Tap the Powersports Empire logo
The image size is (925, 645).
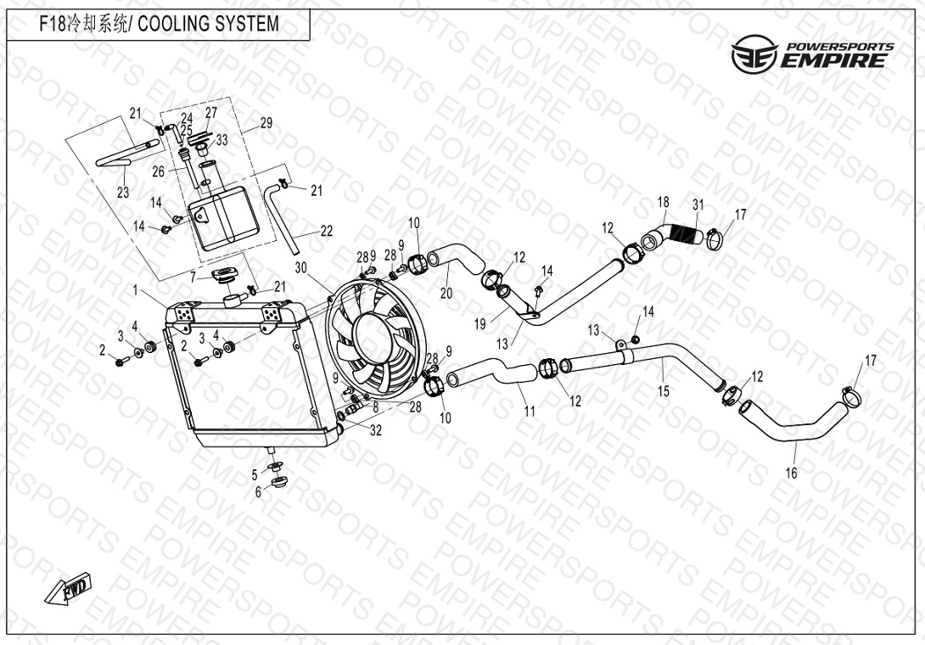pyautogui.click(x=812, y=53)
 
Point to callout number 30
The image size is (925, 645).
pyautogui.click(x=301, y=268)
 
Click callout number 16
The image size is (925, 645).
pyautogui.click(x=791, y=472)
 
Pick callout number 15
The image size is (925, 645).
pyautogui.click(x=664, y=390)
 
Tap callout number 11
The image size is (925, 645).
pyautogui.click(x=530, y=411)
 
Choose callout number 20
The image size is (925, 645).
pyautogui.click(x=446, y=293)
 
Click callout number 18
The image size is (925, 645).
pyautogui.click(x=663, y=202)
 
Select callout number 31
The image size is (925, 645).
pyautogui.click(x=698, y=205)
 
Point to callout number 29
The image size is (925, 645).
pyautogui.click(x=266, y=123)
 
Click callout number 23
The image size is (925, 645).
pyautogui.click(x=123, y=193)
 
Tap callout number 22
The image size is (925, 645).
pyautogui.click(x=326, y=231)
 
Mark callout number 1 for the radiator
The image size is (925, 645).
pyautogui.click(x=135, y=290)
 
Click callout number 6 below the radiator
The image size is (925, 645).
pyautogui.click(x=258, y=492)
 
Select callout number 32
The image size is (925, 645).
pyautogui.click(x=376, y=431)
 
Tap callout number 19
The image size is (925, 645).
pyautogui.click(x=479, y=324)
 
